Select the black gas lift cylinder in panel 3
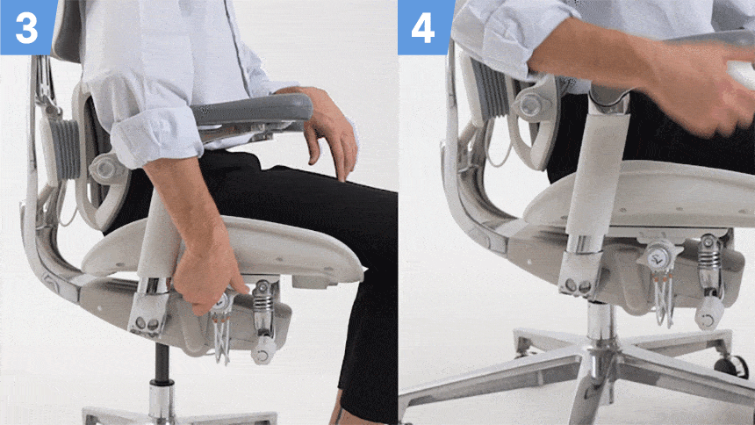click(x=162, y=364)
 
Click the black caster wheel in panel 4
click(x=732, y=366)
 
